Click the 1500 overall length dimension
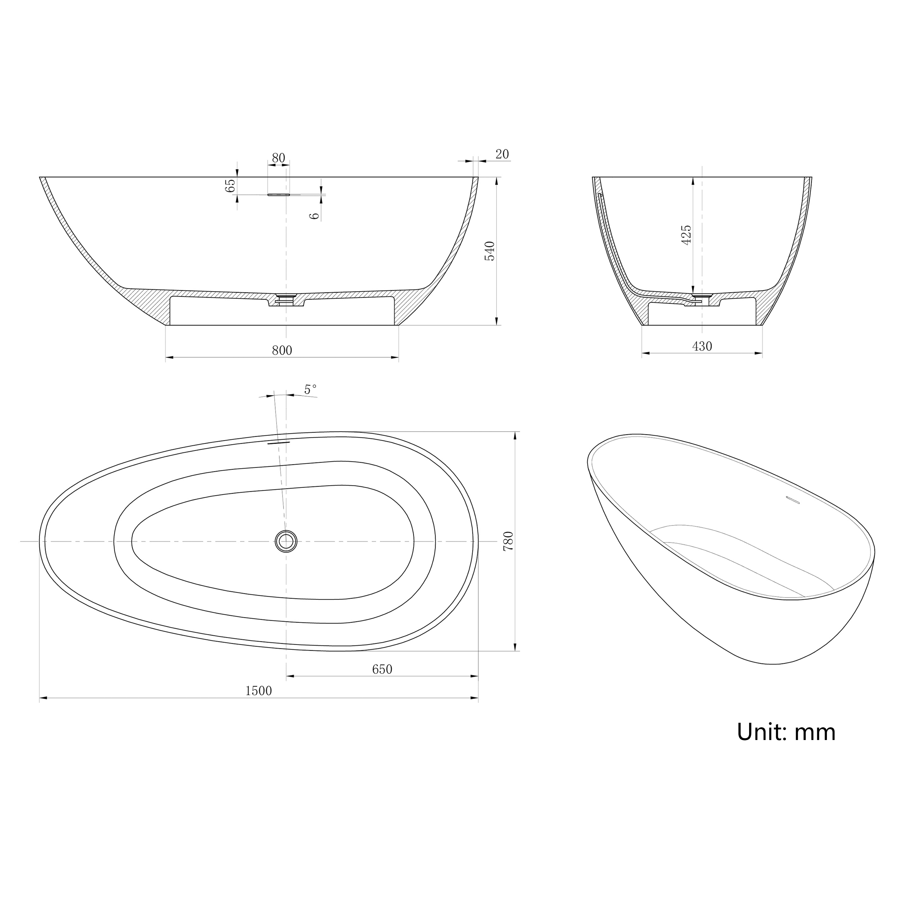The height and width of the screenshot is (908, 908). coord(258,690)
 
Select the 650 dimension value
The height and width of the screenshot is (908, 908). coord(382,669)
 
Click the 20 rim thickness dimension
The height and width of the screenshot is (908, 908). coord(502,154)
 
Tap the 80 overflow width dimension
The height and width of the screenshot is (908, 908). coord(278,158)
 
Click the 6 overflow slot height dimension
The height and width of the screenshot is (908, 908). coord(315,215)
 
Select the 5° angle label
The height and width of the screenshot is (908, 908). coord(310,389)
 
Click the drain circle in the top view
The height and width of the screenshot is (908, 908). coord(286,541)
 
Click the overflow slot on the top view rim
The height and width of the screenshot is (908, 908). coord(279,442)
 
